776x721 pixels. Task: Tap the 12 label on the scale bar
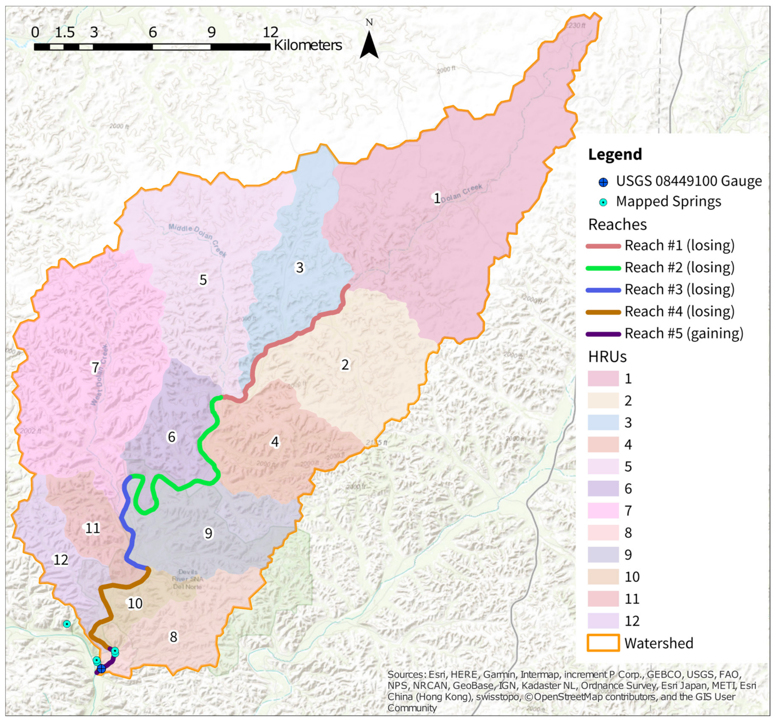point(270,32)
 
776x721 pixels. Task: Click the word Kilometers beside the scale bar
point(308,45)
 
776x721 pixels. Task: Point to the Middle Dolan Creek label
point(198,240)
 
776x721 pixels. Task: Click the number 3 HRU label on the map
point(299,268)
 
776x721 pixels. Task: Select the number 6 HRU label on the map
point(171,437)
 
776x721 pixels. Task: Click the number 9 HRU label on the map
point(208,533)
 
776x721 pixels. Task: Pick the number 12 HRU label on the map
point(61,560)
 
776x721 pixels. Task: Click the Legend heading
point(615,154)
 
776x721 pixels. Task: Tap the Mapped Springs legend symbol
point(603,202)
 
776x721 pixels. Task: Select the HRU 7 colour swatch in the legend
point(603,510)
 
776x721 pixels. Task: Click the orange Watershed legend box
point(603,643)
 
